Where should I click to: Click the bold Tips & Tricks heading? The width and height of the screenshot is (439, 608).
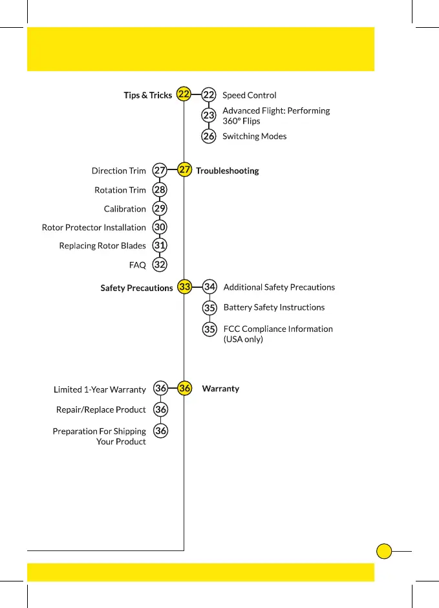click(x=147, y=95)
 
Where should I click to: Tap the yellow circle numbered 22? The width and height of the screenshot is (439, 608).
click(x=184, y=94)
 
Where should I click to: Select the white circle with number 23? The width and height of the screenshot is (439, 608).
click(x=209, y=116)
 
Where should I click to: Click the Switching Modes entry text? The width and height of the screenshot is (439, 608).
click(x=254, y=136)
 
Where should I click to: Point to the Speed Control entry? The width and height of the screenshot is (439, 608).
click(x=249, y=95)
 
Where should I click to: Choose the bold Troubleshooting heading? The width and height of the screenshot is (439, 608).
click(x=227, y=171)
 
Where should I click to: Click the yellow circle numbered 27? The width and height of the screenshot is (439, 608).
click(x=185, y=170)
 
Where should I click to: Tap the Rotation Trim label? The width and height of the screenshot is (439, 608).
click(x=120, y=190)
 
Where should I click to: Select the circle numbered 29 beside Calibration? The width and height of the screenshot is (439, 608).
click(x=160, y=209)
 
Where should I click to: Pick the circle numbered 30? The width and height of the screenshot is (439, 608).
click(x=160, y=228)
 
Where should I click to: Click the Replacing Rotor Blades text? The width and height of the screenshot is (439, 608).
click(x=102, y=246)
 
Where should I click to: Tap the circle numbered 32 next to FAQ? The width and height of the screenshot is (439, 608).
click(x=160, y=265)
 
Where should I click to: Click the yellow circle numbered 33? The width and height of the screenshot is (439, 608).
click(x=185, y=287)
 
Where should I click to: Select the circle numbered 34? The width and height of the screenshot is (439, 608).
click(x=209, y=287)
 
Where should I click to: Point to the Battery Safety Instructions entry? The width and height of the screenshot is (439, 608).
click(x=273, y=307)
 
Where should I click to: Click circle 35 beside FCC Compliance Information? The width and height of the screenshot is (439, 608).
click(x=209, y=329)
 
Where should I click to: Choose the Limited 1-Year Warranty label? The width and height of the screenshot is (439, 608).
click(x=100, y=389)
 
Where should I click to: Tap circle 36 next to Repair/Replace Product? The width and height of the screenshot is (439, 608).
click(x=161, y=409)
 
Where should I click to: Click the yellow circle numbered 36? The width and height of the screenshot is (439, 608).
click(x=185, y=389)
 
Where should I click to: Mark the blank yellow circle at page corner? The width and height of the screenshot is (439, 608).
click(x=384, y=551)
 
